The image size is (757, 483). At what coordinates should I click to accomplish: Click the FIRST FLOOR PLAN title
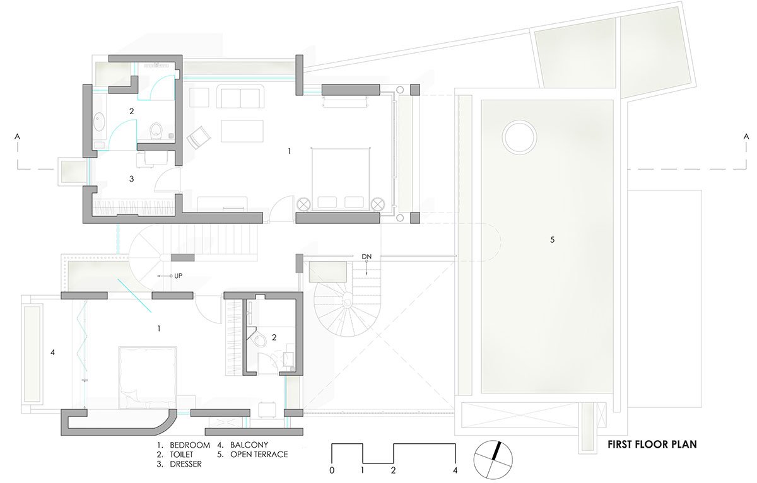pos(652,444)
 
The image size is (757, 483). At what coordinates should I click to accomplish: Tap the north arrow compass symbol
pos(493,460)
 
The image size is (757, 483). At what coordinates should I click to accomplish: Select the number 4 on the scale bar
pos(455,470)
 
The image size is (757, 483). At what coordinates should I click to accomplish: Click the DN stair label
pos(367,257)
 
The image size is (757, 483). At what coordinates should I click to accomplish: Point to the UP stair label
pos(178,276)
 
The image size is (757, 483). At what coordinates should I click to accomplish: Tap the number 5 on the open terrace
pos(552,240)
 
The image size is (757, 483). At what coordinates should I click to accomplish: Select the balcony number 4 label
pos(53,352)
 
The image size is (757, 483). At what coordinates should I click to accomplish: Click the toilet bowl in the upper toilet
pos(156,131)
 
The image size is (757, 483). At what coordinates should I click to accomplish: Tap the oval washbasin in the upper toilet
pos(100,122)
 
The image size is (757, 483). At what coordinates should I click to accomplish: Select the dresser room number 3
pos(131,179)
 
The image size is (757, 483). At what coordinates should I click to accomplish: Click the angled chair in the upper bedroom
pos(199,137)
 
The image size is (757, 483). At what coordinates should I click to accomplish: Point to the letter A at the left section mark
pos(17,137)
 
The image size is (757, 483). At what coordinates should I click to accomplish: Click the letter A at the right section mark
pos(746,137)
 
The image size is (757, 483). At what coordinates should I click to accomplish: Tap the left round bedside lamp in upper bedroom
pos(303,204)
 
